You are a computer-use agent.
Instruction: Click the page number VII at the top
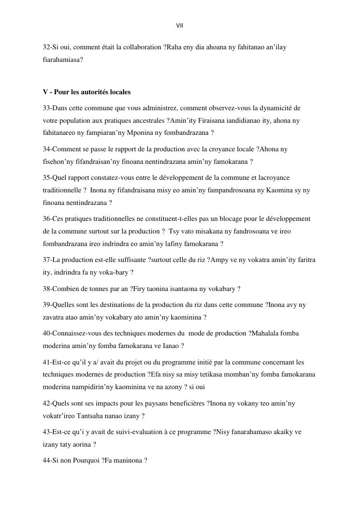coord(180,26)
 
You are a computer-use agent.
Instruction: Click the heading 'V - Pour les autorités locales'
coord(86,92)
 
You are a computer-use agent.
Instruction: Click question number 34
coord(46,149)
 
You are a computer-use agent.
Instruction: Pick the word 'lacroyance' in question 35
coord(274,178)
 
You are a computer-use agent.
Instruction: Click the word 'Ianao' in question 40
coord(171,346)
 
